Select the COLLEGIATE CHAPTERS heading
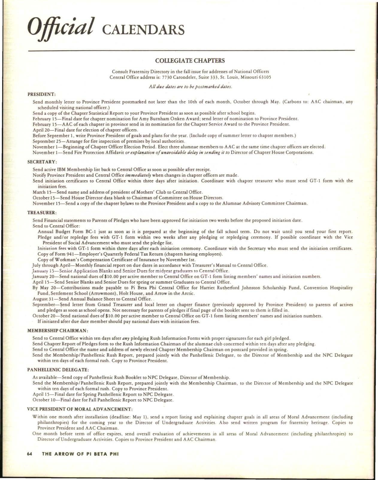pyautogui.click(x=190, y=61)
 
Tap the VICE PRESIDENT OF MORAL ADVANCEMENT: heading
pyautogui.click(x=80, y=409)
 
